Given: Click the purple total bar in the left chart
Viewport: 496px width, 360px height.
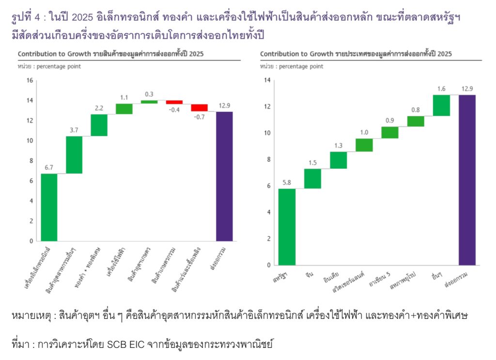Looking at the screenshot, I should [224, 176].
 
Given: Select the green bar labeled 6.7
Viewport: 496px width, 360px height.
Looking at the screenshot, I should [49, 207].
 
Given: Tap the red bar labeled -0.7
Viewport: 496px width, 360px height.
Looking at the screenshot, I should [199, 108].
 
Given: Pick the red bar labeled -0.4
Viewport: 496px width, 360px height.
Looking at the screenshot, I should [174, 102].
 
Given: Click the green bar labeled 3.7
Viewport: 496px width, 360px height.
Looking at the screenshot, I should [74, 155].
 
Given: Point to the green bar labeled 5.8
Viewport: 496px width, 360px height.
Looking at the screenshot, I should [287, 226].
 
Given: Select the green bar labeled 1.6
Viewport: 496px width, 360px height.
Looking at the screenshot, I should [441, 105].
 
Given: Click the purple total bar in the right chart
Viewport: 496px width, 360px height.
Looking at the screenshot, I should [467, 180].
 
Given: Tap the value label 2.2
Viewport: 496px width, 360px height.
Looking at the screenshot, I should [99, 107].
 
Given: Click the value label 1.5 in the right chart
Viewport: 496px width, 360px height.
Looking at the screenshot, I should [312, 162].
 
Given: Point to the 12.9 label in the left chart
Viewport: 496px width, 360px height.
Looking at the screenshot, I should [224, 105].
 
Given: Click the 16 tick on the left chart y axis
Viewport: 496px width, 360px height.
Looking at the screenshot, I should [30, 80].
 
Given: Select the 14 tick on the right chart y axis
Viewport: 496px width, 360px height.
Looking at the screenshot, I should [267, 80].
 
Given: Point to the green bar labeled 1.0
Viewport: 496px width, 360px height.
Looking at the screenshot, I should [364, 145].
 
